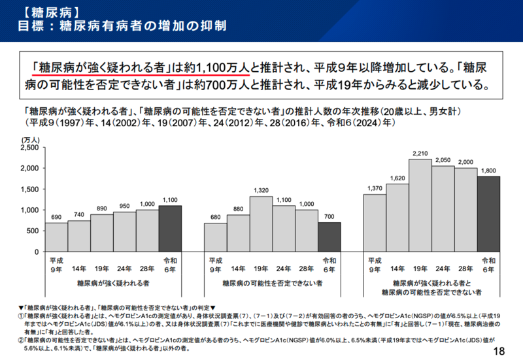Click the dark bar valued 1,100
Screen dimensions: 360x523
(169, 229)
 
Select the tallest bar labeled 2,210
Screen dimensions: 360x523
(420, 205)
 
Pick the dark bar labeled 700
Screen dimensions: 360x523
(329, 237)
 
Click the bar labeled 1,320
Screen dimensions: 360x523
(261, 224)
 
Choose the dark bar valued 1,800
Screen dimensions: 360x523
(488, 214)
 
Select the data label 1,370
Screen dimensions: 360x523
(375, 189)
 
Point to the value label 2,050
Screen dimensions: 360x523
(443, 160)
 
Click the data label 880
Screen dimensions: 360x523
(238, 209)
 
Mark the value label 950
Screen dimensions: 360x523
(124, 206)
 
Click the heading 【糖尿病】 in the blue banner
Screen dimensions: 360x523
(40, 11)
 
